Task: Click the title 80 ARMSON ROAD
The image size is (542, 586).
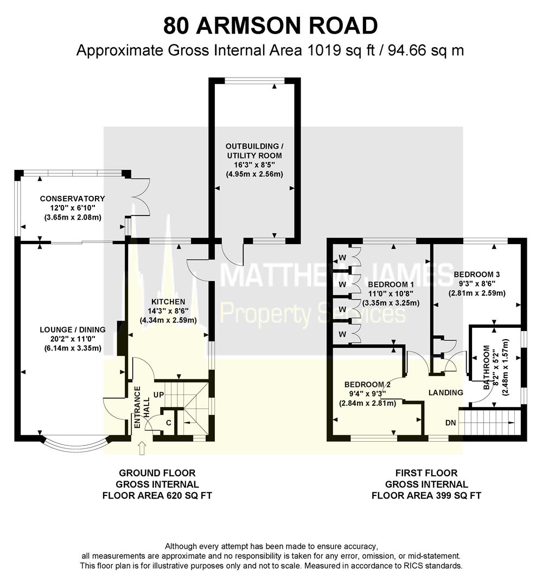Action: [x=271, y=26]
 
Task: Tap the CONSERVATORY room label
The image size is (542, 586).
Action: [x=73, y=199]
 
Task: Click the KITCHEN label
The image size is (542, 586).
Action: [x=168, y=302]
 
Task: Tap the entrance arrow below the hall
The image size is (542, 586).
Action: [x=143, y=448]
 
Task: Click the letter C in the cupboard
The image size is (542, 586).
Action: [x=168, y=423]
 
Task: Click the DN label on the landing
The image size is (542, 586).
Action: [x=450, y=422]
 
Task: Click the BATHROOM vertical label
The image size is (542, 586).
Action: [x=487, y=367]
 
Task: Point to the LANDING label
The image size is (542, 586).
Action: [x=446, y=392]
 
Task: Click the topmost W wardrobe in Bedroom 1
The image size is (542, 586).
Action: [x=342, y=257]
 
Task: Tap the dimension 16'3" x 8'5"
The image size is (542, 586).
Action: [x=255, y=165]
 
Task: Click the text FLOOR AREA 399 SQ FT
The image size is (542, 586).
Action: [x=426, y=495]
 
